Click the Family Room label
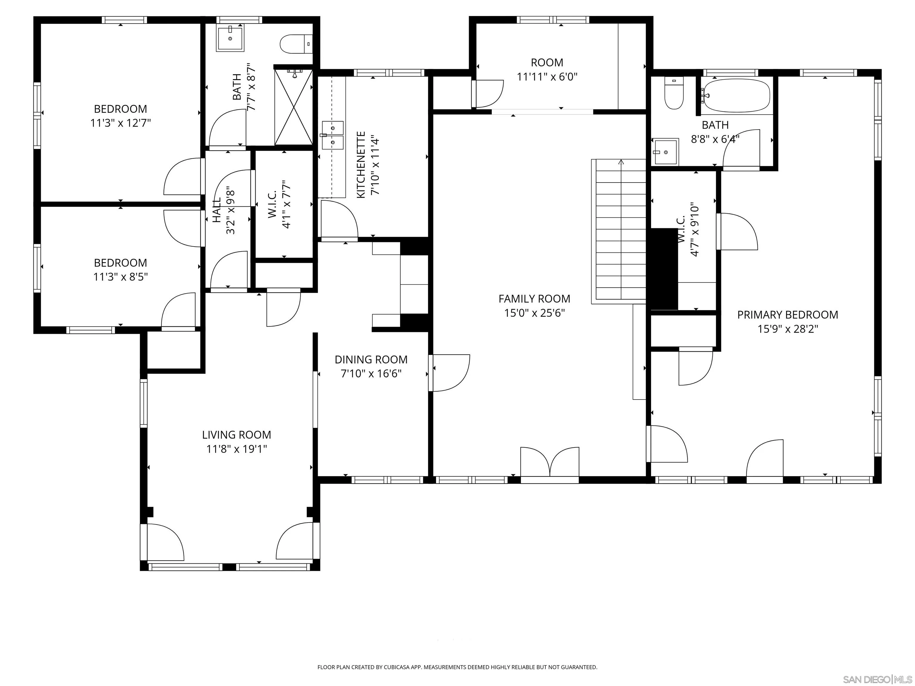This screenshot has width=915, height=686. click(534, 299)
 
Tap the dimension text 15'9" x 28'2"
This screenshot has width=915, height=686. click(788, 329)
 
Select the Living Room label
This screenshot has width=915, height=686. click(236, 435)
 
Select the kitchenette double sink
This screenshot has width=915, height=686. click(333, 135)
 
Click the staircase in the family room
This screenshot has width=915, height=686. click(619, 232)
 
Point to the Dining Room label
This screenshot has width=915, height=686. click(371, 359)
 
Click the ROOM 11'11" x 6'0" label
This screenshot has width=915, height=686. click(547, 69)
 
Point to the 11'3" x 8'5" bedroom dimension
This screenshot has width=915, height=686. click(120, 277)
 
